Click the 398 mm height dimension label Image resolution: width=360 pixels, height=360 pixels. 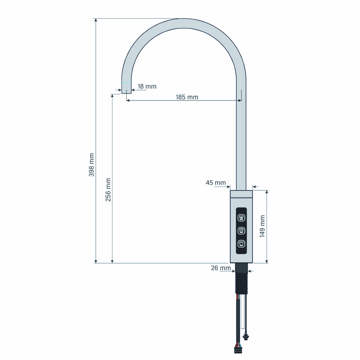(x=91, y=165)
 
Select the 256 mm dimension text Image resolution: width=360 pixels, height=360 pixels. (x=108, y=190)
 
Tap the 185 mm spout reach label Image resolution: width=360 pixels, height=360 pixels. (x=187, y=97)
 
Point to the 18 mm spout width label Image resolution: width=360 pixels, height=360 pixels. (x=147, y=86)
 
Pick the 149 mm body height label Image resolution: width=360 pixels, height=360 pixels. (x=262, y=226)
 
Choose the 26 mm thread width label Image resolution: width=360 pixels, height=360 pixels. (x=221, y=268)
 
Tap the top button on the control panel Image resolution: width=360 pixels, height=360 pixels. (x=241, y=217)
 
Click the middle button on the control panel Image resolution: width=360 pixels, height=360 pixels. (x=241, y=230)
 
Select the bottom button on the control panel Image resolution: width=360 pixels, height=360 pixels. (x=241, y=243)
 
